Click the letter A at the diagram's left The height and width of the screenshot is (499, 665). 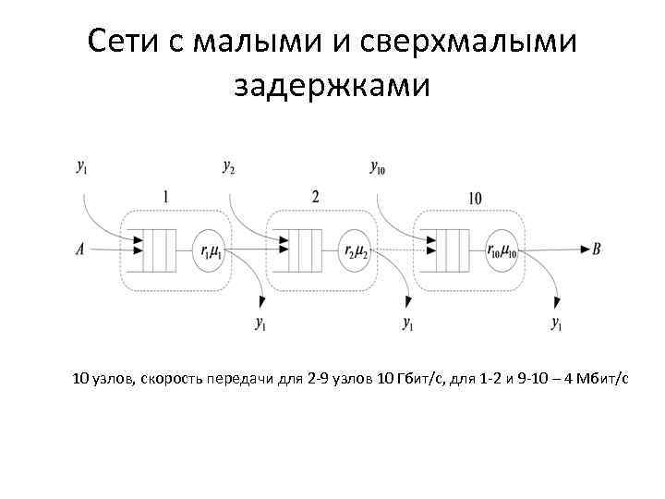(x=80, y=249)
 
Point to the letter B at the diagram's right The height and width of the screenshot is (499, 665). (x=598, y=249)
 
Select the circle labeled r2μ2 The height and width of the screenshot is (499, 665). (x=356, y=249)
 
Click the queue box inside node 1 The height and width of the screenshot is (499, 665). (x=156, y=249)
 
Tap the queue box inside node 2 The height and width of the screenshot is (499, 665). (x=302, y=249)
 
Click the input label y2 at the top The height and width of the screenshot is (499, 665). (x=229, y=167)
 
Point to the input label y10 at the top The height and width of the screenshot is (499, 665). (x=378, y=167)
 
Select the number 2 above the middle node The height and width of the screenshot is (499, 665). (x=315, y=197)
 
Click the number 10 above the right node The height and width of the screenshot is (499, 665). (x=474, y=198)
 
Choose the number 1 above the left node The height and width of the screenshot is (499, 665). (x=165, y=197)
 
